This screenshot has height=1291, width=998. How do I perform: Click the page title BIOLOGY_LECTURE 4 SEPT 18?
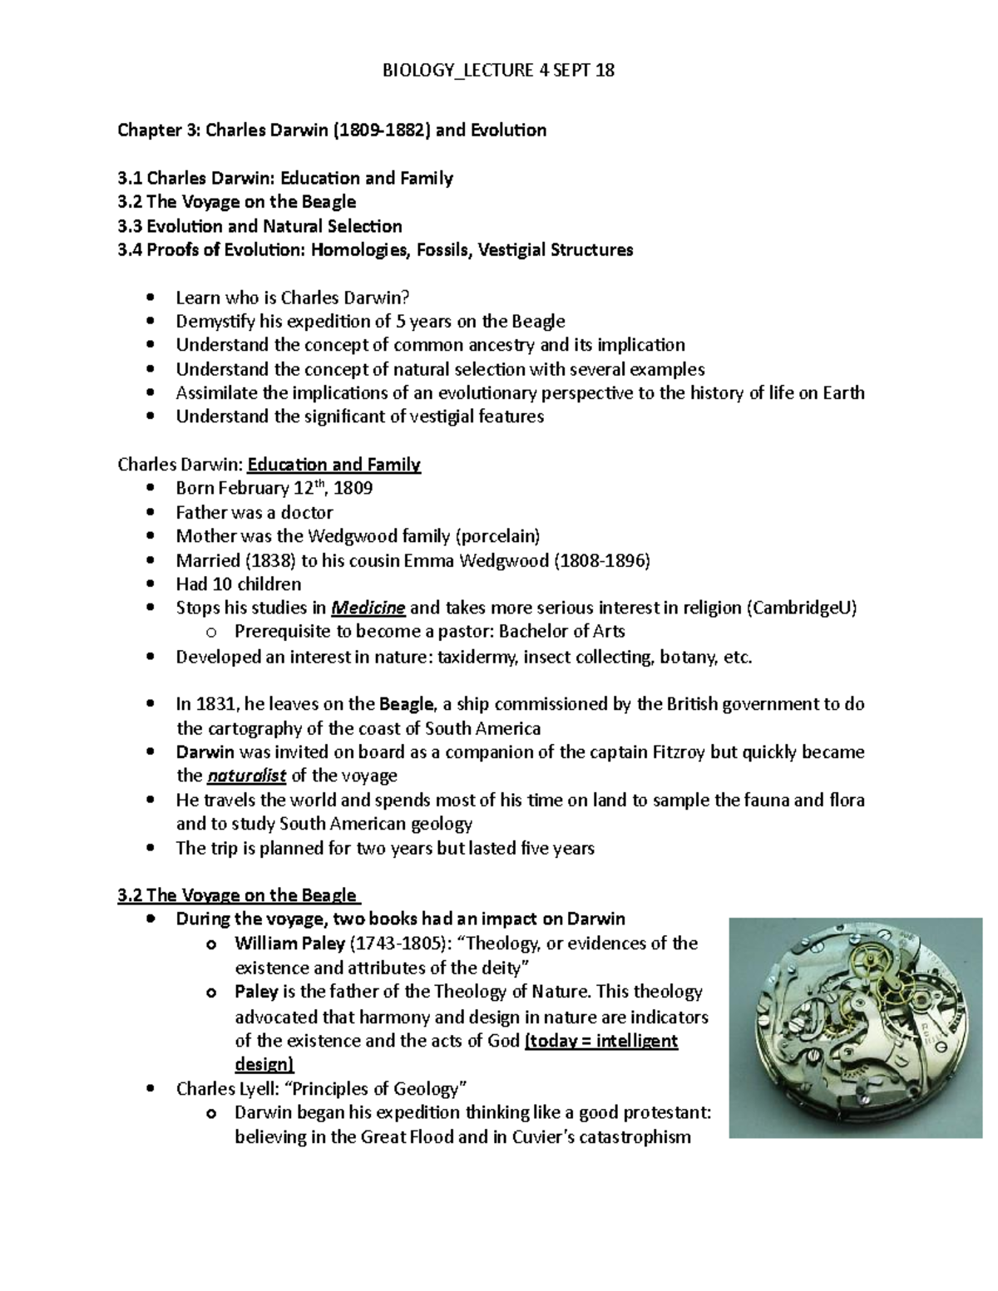[x=498, y=70]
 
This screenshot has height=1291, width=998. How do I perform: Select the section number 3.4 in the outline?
[x=130, y=249]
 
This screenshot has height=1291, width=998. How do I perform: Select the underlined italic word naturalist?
[x=245, y=776]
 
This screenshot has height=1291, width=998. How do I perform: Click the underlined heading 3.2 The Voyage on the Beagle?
[x=238, y=895]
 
